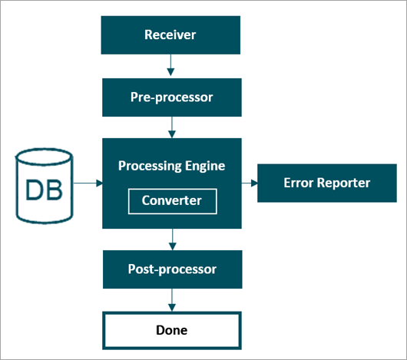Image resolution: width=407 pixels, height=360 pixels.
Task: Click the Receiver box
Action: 170,35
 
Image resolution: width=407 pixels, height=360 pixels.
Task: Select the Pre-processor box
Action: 172,97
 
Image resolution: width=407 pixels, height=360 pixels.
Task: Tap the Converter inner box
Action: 173,201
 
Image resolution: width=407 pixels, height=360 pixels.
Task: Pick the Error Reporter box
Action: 327,183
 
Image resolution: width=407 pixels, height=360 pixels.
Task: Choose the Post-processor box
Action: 173,269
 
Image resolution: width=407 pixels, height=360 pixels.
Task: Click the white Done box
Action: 172,331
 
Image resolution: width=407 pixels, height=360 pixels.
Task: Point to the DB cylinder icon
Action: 45,186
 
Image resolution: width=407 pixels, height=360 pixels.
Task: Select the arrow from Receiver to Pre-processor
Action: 170,64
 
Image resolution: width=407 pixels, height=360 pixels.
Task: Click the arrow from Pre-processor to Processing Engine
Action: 172,127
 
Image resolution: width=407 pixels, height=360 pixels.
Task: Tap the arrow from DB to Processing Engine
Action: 88,183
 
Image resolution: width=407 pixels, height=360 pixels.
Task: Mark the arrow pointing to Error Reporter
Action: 250,183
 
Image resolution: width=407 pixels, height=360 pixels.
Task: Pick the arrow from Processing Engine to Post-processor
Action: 173,239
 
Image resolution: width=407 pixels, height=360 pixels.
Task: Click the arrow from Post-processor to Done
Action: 172,300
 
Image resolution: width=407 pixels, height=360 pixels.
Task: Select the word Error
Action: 299,183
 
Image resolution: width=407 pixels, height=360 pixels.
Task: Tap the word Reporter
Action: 344,183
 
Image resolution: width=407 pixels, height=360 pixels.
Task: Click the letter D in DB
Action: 35,190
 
